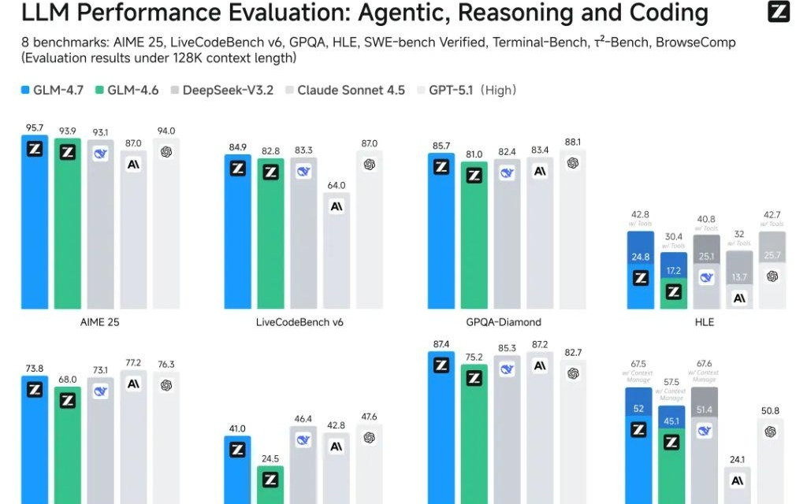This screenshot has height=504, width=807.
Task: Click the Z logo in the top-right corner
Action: [x=779, y=12]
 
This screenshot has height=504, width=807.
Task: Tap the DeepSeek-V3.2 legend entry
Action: [x=221, y=91]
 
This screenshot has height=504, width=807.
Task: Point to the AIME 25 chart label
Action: [x=100, y=322]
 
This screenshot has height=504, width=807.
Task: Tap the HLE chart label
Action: [x=705, y=322]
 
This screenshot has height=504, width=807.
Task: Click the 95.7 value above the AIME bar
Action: [x=35, y=127]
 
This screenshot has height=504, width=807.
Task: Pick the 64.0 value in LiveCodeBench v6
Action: [x=337, y=184]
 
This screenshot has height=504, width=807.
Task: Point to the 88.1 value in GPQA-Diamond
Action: [x=573, y=142]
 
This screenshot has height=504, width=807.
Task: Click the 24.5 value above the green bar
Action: [x=270, y=458]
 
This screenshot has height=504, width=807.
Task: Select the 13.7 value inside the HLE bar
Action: [x=739, y=277]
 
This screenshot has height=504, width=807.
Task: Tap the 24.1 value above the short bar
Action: [x=738, y=460]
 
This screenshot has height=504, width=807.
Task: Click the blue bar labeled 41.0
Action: [x=237, y=472]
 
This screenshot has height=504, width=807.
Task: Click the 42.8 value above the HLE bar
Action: [x=640, y=214]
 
